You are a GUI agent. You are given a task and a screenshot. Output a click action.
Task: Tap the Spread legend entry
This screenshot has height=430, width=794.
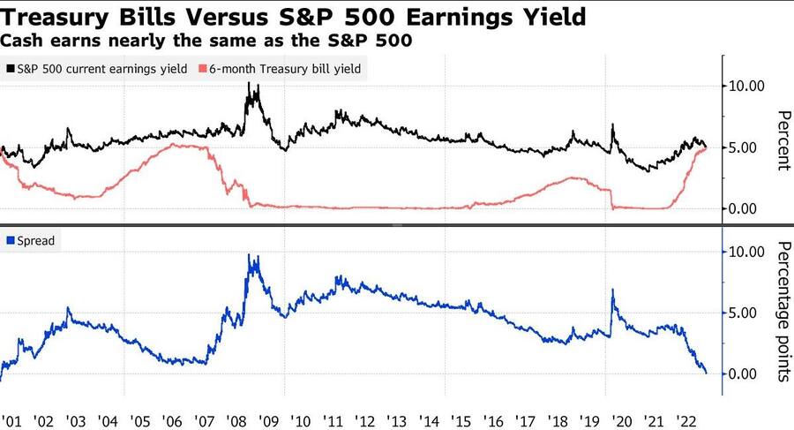36,240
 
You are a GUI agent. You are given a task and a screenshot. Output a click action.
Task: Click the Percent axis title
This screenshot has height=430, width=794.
782,140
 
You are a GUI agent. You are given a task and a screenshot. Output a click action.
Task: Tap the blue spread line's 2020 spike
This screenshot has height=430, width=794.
611,290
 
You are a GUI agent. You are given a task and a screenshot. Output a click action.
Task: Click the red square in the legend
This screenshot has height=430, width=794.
205,68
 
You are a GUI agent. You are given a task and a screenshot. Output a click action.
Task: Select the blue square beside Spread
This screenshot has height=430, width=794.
10,240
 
